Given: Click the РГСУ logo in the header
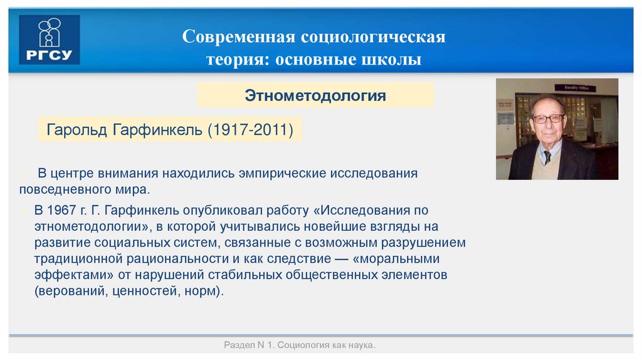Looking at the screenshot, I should click(50, 39).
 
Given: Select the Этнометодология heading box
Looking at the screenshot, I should click(315, 95).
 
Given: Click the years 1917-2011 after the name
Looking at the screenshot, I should click(253, 130).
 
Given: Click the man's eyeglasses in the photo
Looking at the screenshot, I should click(547, 118).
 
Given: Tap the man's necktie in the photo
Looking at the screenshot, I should click(547, 156).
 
